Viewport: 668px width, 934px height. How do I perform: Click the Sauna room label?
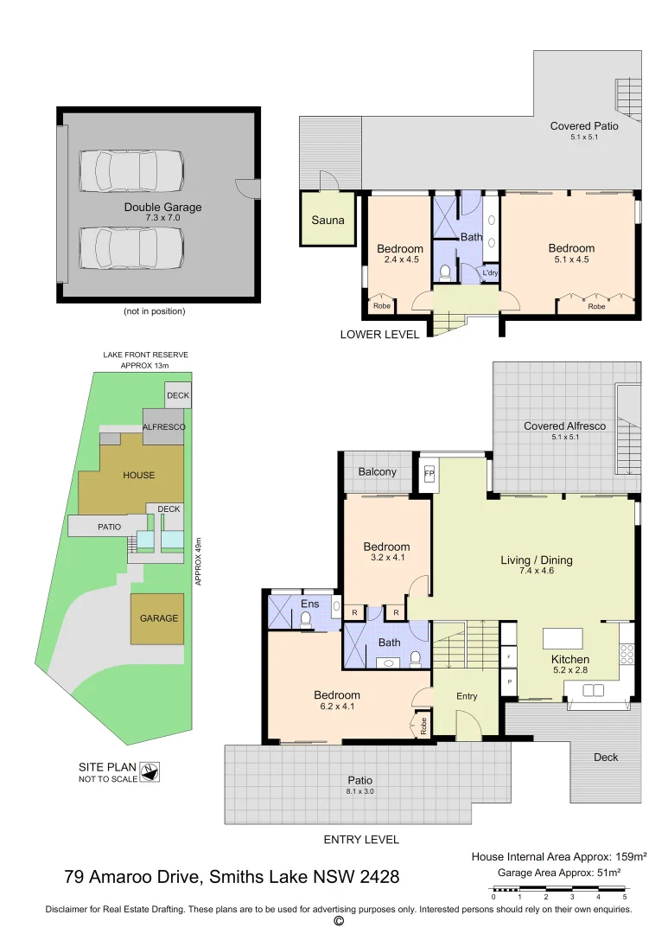tap(328, 220)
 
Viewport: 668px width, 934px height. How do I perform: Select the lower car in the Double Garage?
tap(131, 248)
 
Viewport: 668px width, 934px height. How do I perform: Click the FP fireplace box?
tap(428, 475)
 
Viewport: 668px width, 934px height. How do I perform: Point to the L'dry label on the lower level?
tap(490, 274)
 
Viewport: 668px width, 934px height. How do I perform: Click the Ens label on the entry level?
tap(309, 604)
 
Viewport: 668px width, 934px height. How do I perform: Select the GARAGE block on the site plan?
tap(158, 618)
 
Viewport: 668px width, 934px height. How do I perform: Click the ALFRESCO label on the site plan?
tap(163, 427)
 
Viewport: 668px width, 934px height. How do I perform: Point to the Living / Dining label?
tap(536, 560)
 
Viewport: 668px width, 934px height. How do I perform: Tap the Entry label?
tap(466, 696)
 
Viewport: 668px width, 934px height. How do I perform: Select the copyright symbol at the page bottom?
tap(338, 922)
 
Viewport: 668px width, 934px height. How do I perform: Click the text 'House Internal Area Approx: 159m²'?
tap(558, 857)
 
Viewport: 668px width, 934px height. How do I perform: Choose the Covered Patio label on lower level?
tap(584, 126)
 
